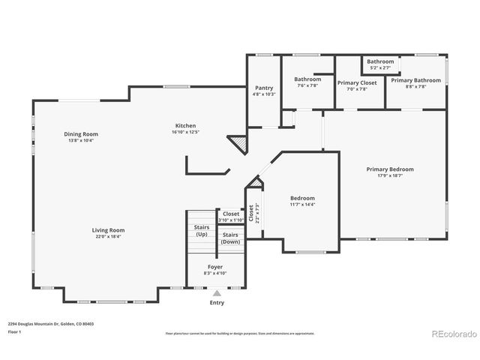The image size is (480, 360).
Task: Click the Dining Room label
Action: (x=81, y=134)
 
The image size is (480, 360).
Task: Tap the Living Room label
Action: (x=109, y=230)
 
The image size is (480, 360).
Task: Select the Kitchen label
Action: (x=185, y=126)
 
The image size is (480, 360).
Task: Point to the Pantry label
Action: (x=264, y=88)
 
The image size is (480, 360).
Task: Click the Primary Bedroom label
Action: (x=390, y=169)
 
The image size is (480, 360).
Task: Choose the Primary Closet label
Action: (x=357, y=82)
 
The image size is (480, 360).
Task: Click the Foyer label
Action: (x=215, y=266)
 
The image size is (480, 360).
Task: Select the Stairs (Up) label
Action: (x=202, y=230)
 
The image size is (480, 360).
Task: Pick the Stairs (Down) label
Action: (x=230, y=238)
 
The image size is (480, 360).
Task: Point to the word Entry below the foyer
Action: (x=217, y=303)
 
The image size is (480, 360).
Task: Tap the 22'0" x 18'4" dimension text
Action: (x=109, y=237)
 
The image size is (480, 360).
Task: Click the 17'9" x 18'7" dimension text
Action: (x=390, y=175)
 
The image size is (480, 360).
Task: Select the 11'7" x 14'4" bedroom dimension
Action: (x=302, y=204)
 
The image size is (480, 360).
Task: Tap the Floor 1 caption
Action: (x=14, y=331)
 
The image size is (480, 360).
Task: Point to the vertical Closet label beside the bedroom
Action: (x=252, y=213)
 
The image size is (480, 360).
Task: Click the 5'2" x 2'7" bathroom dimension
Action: (x=380, y=67)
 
